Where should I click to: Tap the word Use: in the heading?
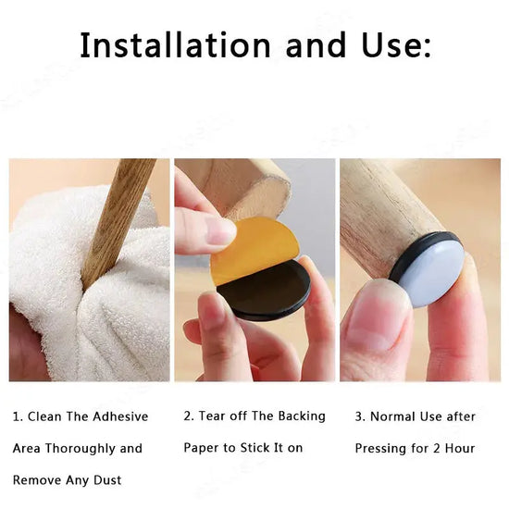coord(390,44)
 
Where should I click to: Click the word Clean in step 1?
coord(44,416)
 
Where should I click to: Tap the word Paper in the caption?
coord(201,448)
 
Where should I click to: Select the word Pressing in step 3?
coord(382,448)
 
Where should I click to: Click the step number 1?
coord(17,416)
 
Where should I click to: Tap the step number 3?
coord(359,416)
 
